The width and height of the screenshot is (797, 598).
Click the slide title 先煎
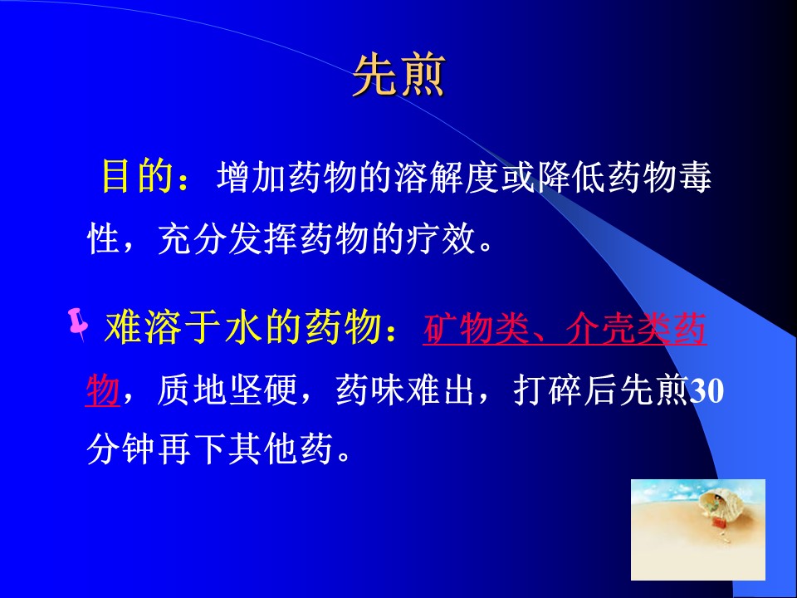399,76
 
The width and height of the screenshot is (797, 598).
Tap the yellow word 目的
137,176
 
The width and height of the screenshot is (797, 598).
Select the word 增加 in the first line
252,178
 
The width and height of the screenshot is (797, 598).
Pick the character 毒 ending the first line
694,178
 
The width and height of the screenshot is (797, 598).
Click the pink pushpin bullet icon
78,324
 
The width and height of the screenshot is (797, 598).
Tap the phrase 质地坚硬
227,390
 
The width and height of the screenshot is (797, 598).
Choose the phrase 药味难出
405,390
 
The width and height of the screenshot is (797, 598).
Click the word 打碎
547,390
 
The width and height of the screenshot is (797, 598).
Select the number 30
706,391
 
